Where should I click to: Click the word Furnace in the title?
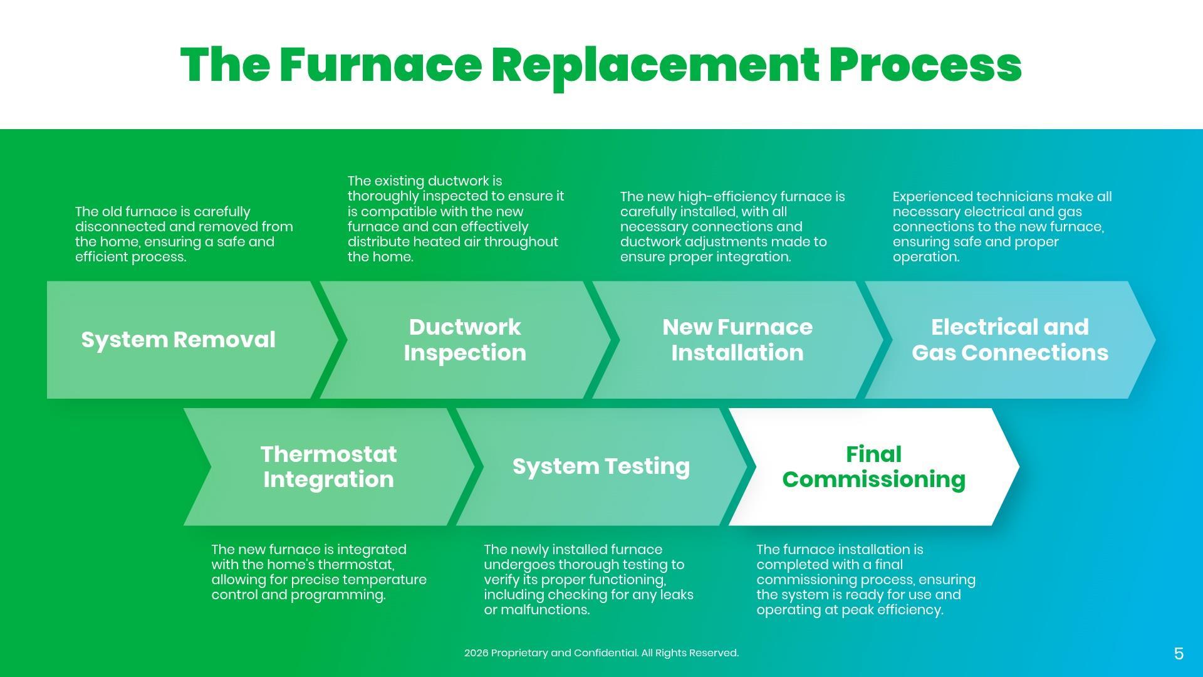[380, 65]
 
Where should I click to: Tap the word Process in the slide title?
[925, 65]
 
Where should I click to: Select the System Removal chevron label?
[179, 340]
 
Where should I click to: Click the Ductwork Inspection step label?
[465, 340]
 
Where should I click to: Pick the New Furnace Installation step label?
[737, 340]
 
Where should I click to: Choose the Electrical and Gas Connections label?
[1010, 340]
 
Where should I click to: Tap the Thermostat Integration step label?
[329, 466]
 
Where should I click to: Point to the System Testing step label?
[601, 466]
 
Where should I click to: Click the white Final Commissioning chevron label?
[873, 466]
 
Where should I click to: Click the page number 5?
[1179, 654]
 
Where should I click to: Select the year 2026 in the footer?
[476, 653]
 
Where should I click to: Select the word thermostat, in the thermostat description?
[356, 565]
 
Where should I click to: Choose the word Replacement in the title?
[655, 65]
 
